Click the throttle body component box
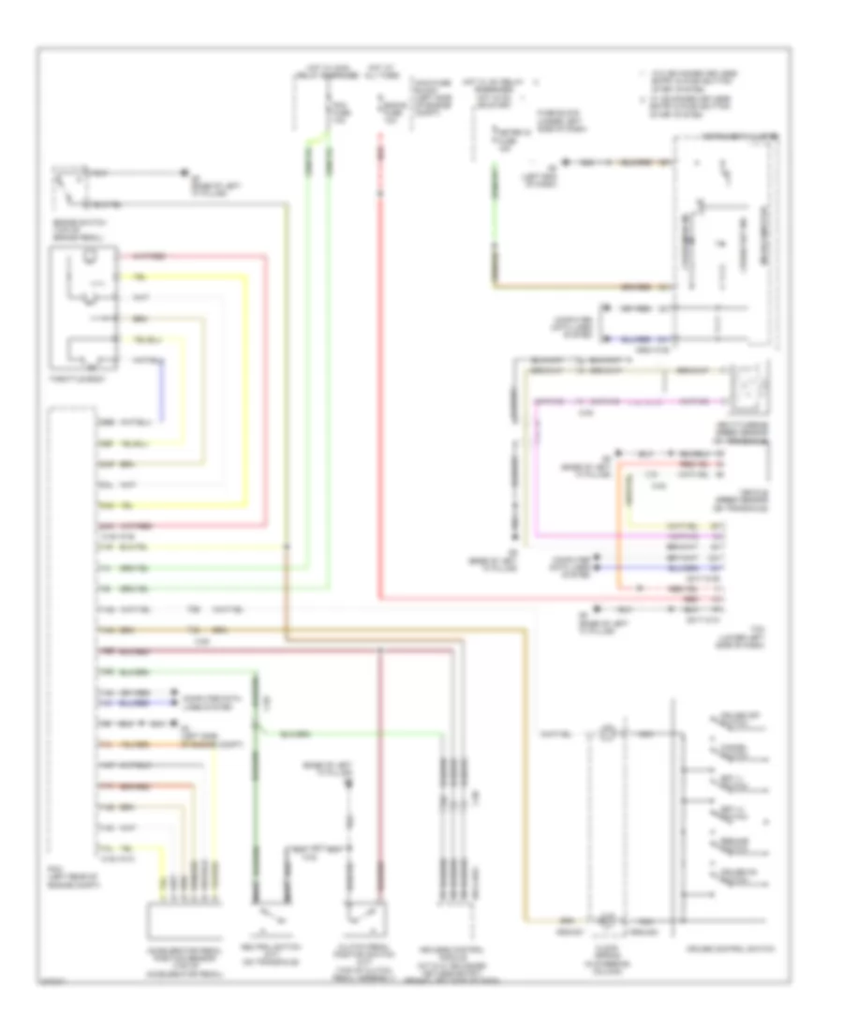click(89, 304)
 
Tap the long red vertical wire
click(381, 375)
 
